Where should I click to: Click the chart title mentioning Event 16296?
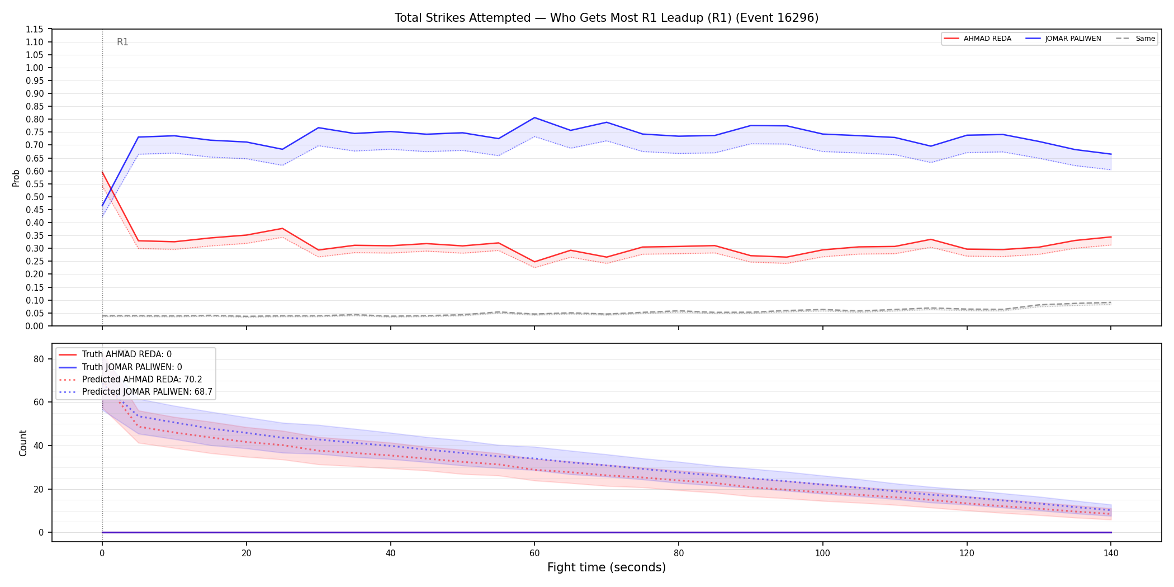pos(607,18)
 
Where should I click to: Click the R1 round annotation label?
pos(122,42)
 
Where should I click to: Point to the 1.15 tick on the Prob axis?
pos(35,29)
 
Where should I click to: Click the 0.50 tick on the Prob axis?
pos(35,197)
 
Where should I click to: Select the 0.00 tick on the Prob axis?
pos(35,326)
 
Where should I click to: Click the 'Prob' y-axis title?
pos(16,178)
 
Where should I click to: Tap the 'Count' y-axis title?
pos(23,443)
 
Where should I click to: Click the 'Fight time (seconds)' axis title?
pos(607,567)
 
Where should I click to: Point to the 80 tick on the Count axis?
pos(39,359)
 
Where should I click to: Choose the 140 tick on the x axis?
pos(1111,553)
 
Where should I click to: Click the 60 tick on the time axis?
pos(534,553)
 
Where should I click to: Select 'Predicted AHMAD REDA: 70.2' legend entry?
pos(142,380)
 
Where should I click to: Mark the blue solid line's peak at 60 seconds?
pos(534,117)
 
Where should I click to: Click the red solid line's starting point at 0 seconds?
pos(102,172)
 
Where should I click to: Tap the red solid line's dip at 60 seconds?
pos(534,262)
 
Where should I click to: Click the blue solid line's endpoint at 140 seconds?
pos(1111,154)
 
